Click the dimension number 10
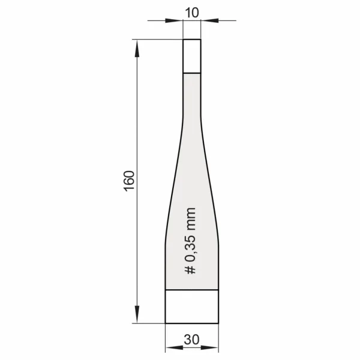coord(192,13)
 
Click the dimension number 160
coord(129,181)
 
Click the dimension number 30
coord(191,340)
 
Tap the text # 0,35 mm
coord(190,241)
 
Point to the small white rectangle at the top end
coord(192,56)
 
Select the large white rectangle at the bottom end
coord(192,307)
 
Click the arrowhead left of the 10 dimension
coord(174,20)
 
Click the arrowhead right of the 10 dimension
coord(209,20)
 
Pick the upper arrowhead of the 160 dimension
coord(137,48)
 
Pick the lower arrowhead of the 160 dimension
coord(137,314)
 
